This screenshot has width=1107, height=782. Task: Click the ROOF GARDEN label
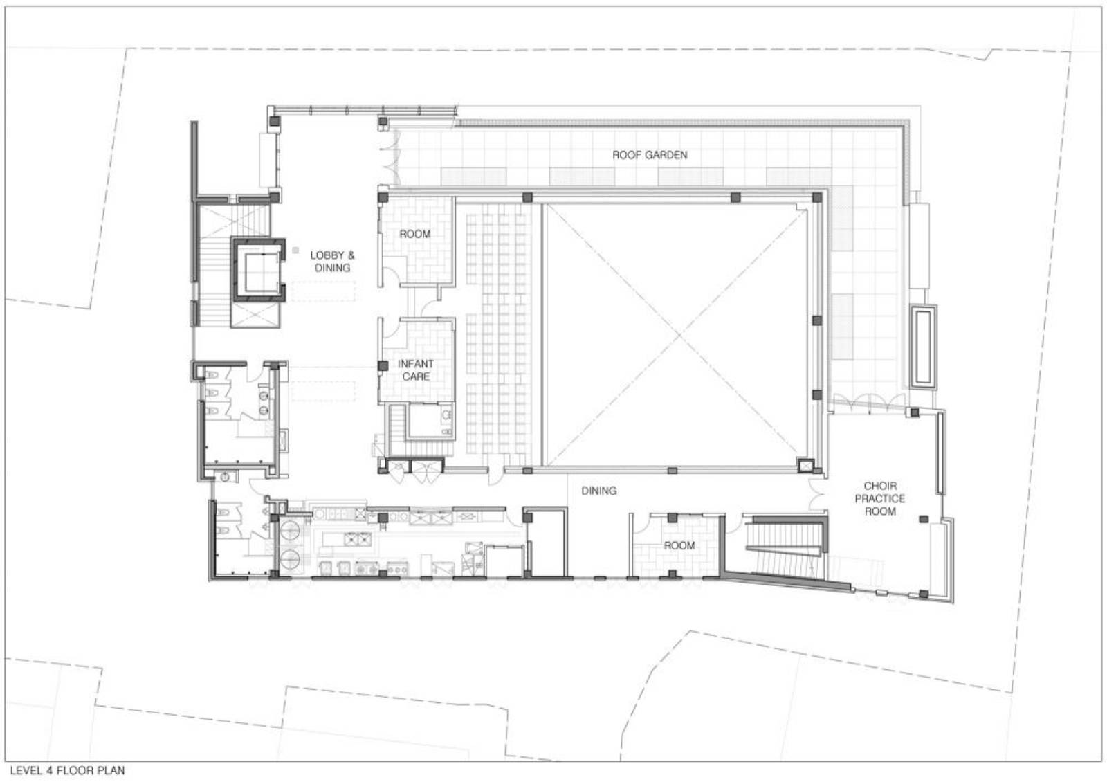point(650,155)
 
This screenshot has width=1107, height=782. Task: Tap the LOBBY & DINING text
point(332,262)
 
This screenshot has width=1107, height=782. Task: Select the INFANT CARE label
point(416,370)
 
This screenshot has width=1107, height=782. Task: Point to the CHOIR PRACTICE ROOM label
point(880,498)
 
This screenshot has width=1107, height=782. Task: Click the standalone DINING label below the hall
point(598,491)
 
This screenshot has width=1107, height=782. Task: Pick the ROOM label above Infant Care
point(414,234)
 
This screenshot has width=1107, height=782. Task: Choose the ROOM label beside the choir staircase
point(679,545)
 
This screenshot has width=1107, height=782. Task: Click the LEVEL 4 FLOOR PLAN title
point(67,770)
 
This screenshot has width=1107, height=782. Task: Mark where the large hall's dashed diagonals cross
point(679,336)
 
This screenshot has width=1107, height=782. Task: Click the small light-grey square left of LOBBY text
point(295,251)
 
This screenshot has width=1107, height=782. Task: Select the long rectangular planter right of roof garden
point(924,346)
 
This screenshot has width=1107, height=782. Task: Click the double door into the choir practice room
point(816,494)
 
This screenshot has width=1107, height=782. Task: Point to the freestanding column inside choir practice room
point(923,518)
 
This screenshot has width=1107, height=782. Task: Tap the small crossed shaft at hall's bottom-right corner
point(805,465)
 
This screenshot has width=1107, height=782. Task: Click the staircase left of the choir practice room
point(786,549)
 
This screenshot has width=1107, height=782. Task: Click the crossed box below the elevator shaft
point(255,315)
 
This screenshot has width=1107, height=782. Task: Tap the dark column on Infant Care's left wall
point(383,366)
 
